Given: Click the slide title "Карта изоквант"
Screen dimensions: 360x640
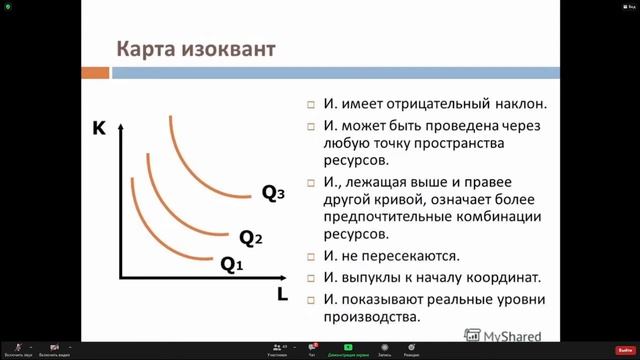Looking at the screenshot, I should [x=196, y=49].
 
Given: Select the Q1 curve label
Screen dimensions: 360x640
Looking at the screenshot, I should [x=232, y=265].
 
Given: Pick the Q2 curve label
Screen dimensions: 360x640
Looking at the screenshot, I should [x=250, y=238].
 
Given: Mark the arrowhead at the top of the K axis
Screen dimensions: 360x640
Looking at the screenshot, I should [x=120, y=128].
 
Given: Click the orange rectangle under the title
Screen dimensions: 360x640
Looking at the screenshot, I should [x=94, y=73].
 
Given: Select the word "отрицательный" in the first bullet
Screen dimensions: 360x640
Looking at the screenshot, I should [x=441, y=103].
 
